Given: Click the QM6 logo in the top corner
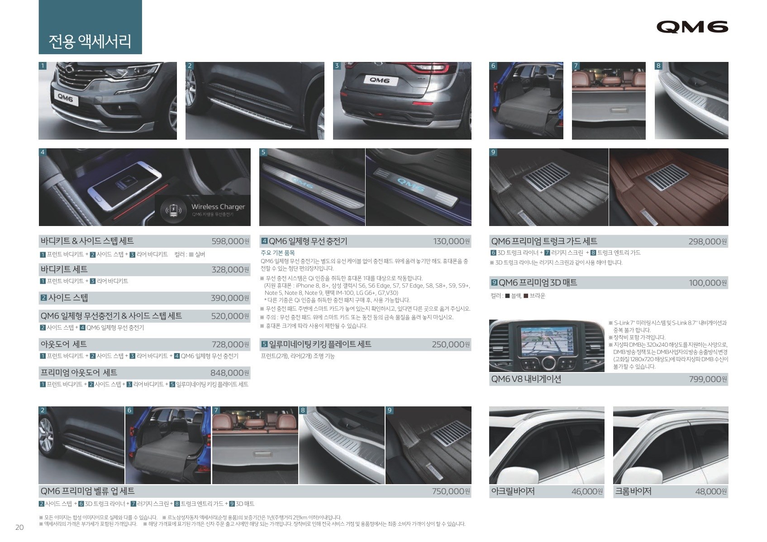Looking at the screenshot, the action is click(692, 27).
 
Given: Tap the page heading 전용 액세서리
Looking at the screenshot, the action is click(90, 42).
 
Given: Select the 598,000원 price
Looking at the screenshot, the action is click(230, 241).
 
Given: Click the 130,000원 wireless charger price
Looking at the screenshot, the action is click(451, 241).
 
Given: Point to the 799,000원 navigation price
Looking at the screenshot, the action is click(708, 379).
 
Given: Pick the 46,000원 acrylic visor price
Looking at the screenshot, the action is click(587, 491).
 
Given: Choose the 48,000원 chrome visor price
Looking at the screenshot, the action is click(711, 491).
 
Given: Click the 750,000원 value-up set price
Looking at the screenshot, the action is click(451, 491).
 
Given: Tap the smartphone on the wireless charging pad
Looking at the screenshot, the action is click(124, 184).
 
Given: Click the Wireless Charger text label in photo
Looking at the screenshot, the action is click(218, 207).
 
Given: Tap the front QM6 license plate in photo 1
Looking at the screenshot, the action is click(65, 98).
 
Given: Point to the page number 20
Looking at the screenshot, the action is click(19, 527).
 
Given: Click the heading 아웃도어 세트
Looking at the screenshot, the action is click(64, 344).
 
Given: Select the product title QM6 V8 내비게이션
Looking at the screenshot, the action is click(526, 379).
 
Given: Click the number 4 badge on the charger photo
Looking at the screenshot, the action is click(43, 152).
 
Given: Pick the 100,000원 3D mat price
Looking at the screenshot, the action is click(708, 283).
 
